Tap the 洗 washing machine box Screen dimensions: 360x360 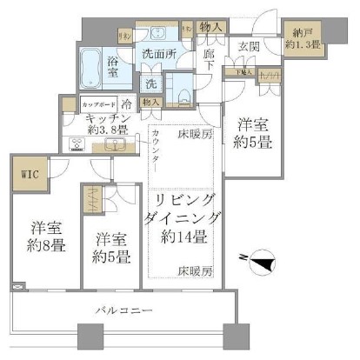point(150,84)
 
